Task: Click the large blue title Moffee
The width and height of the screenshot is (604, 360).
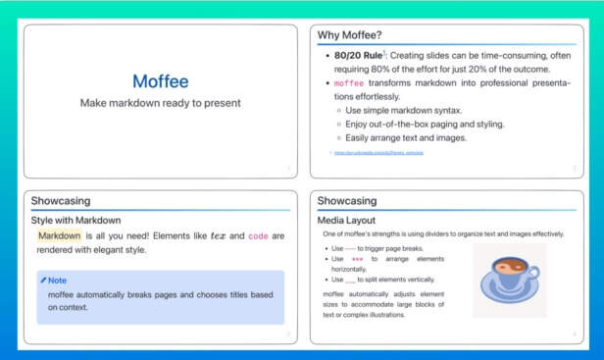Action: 161,81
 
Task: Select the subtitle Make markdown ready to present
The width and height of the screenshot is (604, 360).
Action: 161,103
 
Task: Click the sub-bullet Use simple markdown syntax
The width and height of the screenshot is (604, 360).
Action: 403,110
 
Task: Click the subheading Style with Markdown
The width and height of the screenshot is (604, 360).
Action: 75,220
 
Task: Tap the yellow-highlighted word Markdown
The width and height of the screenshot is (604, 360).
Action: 59,236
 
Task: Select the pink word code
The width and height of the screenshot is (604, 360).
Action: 258,236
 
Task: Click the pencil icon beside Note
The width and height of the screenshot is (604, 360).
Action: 43,281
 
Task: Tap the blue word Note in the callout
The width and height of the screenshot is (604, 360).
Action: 58,281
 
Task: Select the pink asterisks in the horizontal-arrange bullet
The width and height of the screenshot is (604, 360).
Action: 357,259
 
